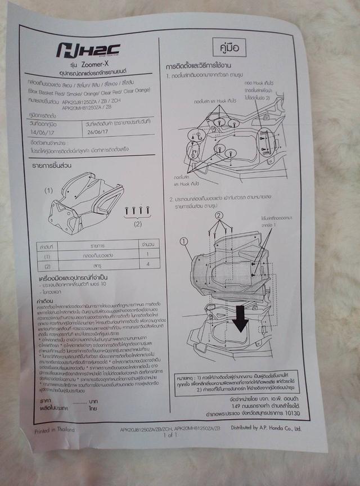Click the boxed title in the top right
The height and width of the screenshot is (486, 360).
point(227,46)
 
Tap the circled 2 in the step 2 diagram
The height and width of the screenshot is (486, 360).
point(219,215)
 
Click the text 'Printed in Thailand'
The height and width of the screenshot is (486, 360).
point(54,431)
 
